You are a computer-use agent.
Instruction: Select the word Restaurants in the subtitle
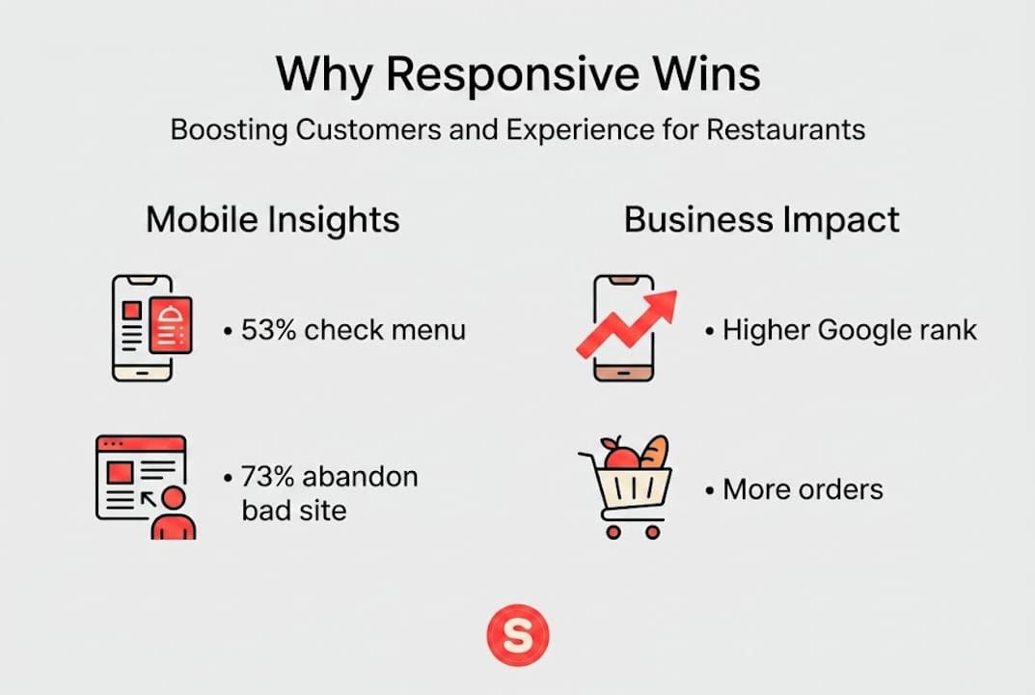785,129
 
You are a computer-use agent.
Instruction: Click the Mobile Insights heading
272,220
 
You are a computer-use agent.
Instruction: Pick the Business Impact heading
761,220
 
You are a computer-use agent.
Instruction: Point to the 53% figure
268,330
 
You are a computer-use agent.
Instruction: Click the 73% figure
269,476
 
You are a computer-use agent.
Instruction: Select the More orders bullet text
802,488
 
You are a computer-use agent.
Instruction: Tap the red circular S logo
517,637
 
